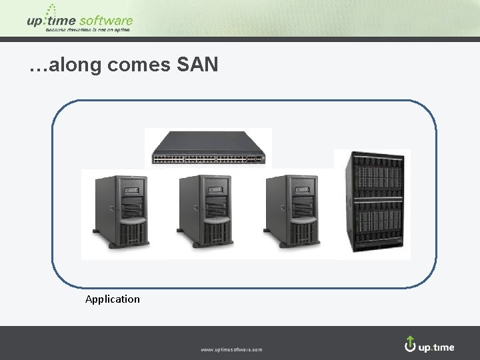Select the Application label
click(x=113, y=299)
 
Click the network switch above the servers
click(x=209, y=148)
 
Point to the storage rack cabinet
click(x=372, y=205)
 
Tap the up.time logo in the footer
click(x=430, y=345)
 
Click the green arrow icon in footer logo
click(x=410, y=343)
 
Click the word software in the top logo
click(x=106, y=21)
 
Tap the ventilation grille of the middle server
click(x=213, y=233)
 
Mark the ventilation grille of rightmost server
click(x=301, y=233)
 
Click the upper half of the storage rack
click(x=372, y=177)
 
